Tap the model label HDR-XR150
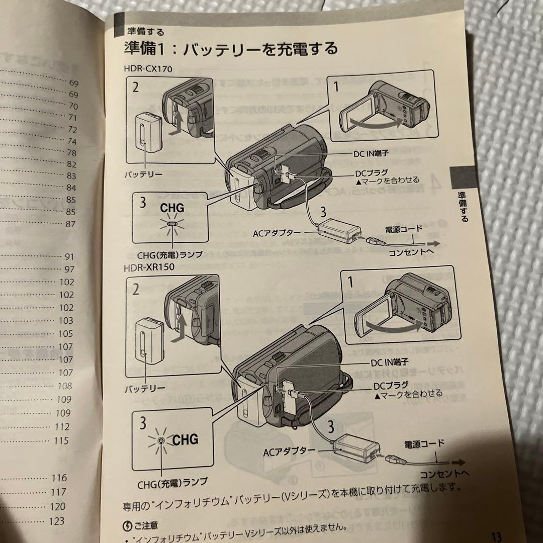click(x=149, y=266)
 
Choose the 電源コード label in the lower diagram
click(x=424, y=443)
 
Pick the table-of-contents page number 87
click(x=70, y=224)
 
